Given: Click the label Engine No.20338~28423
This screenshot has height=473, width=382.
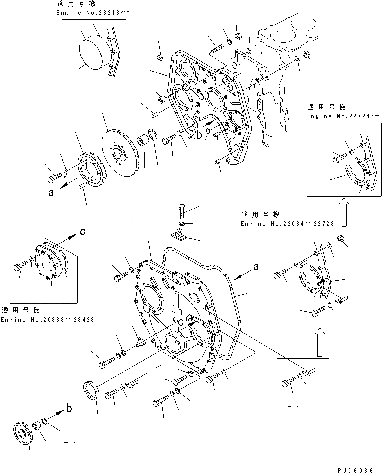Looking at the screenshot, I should point(47,319).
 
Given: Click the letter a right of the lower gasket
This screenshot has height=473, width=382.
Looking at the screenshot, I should point(256,268).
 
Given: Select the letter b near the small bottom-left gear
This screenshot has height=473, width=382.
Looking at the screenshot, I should point(69,408).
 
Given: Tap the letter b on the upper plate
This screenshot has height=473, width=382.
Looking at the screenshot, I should point(199,135).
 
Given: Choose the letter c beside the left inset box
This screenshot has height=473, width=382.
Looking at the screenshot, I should point(83,232).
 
